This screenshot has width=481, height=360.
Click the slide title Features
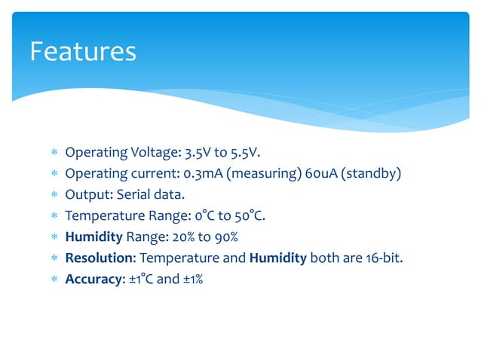tap(83, 52)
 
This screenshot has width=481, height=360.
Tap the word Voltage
tap(153, 153)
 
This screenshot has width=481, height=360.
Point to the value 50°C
tap(248, 216)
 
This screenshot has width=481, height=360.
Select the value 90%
tap(222, 237)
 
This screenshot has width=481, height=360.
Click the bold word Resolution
tap(98, 258)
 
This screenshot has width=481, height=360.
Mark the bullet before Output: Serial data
tap(54, 196)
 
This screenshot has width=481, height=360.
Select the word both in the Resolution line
tap(326, 258)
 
